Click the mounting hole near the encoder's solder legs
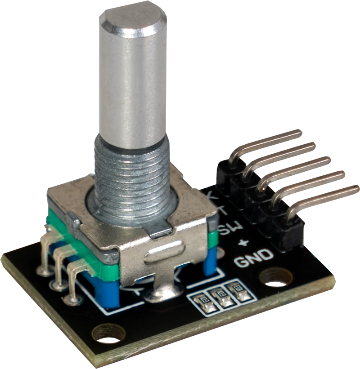point(108,333)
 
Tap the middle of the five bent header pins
point(292,169)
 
